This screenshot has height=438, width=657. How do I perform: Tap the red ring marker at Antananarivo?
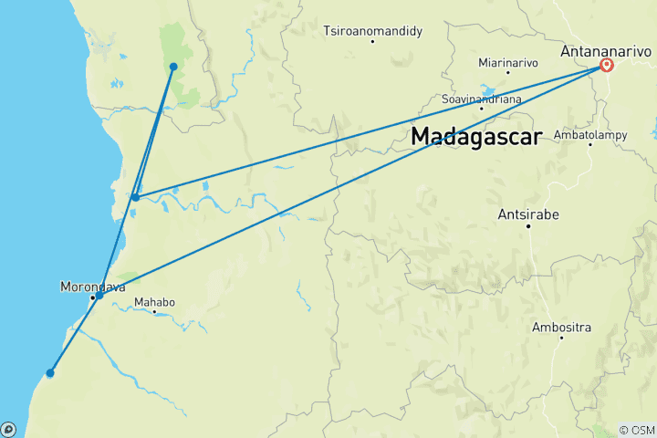click(x=607, y=66)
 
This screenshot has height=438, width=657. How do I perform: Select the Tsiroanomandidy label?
click(x=372, y=31)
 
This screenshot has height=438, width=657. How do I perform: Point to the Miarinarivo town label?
click(x=508, y=63)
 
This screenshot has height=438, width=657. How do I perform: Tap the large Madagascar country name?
click(x=476, y=136)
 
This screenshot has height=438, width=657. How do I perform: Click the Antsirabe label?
click(x=527, y=215)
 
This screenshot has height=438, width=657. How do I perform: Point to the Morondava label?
click(x=89, y=286)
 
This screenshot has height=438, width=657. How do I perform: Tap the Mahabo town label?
click(x=153, y=301)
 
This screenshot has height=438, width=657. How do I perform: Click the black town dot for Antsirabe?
click(x=527, y=226)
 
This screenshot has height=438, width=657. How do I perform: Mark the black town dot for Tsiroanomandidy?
click(x=373, y=42)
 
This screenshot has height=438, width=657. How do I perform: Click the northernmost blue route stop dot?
click(x=173, y=67)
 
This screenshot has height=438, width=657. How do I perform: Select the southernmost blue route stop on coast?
click(x=50, y=372)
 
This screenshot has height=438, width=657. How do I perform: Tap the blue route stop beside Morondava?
click(x=99, y=296)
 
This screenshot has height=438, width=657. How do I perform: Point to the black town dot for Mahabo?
click(x=154, y=312)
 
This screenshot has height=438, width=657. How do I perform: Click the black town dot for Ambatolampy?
click(x=590, y=143)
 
